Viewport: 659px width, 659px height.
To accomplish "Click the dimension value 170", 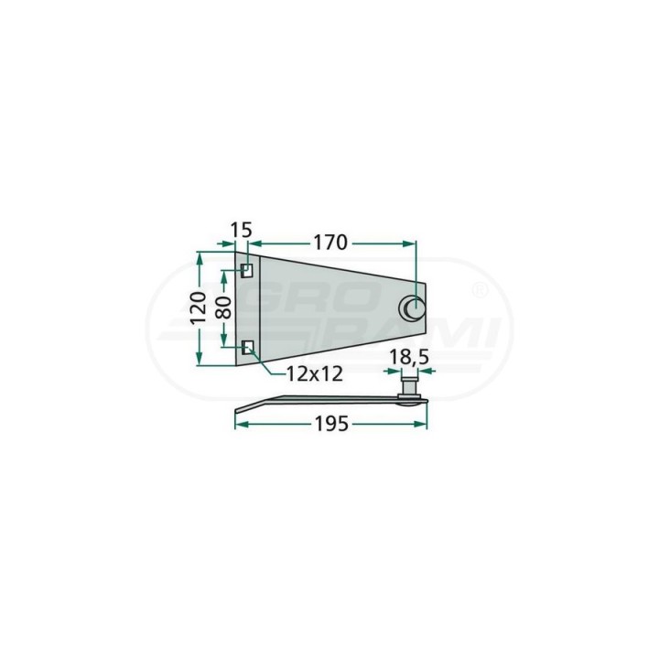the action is [330, 243].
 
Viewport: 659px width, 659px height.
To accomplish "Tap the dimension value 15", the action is [242, 231].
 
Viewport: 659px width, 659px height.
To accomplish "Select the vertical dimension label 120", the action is [199, 308].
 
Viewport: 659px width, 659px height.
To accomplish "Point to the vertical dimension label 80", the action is [223, 308].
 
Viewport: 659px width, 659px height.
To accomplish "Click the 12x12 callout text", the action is [314, 373].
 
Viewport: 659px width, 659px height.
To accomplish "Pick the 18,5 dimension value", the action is [408, 357].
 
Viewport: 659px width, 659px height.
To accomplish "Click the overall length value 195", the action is [331, 424].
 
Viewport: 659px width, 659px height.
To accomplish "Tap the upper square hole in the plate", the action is [247, 271].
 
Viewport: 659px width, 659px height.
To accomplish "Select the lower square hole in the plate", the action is [248, 347].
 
